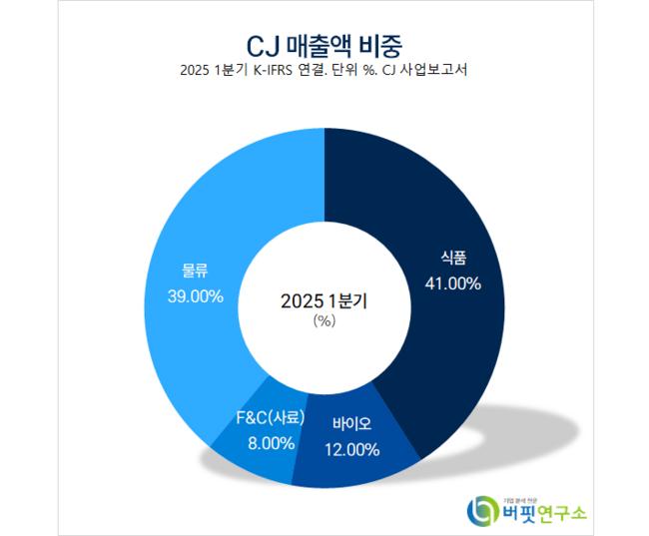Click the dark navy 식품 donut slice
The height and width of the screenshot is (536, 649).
pos(439,329)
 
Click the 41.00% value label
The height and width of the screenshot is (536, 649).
pos(454,283)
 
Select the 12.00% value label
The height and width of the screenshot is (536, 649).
pos(351,449)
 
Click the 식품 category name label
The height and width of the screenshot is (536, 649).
pos(454,258)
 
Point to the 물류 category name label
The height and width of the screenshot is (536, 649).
pos(195,269)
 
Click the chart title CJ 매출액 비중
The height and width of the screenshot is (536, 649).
pos(325,44)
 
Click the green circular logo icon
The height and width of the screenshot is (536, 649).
pos(482,510)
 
